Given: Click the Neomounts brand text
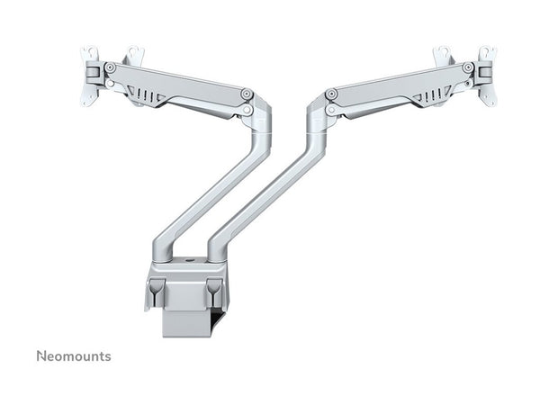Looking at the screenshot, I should pyautogui.click(x=74, y=355).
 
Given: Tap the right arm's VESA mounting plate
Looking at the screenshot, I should pyautogui.click(x=472, y=75).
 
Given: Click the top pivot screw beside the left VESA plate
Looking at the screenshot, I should pyautogui.click(x=110, y=67).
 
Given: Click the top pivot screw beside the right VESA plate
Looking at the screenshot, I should pyautogui.click(x=466, y=67).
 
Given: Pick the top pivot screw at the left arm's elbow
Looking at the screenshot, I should pyautogui.click(x=246, y=92).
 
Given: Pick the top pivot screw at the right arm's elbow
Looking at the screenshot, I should pyautogui.click(x=332, y=92).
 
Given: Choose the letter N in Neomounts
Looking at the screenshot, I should pyautogui.click(x=41, y=355).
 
